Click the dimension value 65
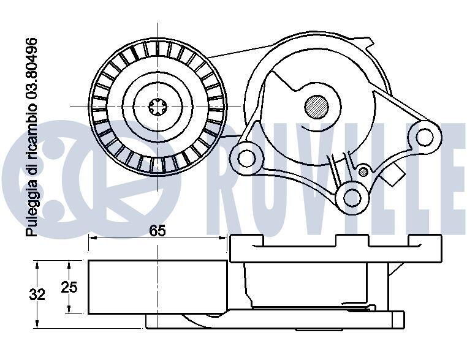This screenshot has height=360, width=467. tap(158, 231)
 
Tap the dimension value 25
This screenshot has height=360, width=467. tap(69, 287)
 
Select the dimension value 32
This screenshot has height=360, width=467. tap(37, 294)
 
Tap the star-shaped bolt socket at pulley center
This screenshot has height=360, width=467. tap(158, 106)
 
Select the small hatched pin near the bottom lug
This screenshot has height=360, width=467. tap(363, 171)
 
